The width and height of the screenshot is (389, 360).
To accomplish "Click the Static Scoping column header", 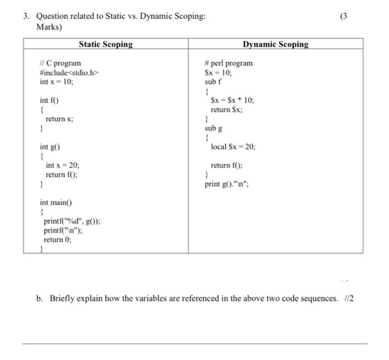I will (x=106, y=44).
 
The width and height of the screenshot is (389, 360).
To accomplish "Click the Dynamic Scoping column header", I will (x=275, y=44).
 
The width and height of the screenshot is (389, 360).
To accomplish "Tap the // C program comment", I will (x=60, y=63).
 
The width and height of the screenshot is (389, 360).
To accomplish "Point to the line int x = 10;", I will (x=56, y=81).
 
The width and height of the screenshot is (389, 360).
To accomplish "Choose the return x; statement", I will (x=59, y=119).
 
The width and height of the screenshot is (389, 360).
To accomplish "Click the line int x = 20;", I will (x=62, y=165).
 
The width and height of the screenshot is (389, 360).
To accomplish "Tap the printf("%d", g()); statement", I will (x=72, y=221).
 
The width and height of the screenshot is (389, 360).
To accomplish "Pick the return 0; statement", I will (x=58, y=240).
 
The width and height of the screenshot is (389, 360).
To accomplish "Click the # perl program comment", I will (x=228, y=63).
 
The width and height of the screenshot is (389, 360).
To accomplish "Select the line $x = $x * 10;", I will (x=232, y=101).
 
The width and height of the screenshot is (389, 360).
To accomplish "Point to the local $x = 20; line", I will (x=233, y=147).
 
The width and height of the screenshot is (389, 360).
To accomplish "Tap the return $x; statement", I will (x=226, y=109).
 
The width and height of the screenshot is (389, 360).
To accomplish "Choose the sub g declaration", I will (x=213, y=128).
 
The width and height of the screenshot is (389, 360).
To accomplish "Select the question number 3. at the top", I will (x=26, y=17).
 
